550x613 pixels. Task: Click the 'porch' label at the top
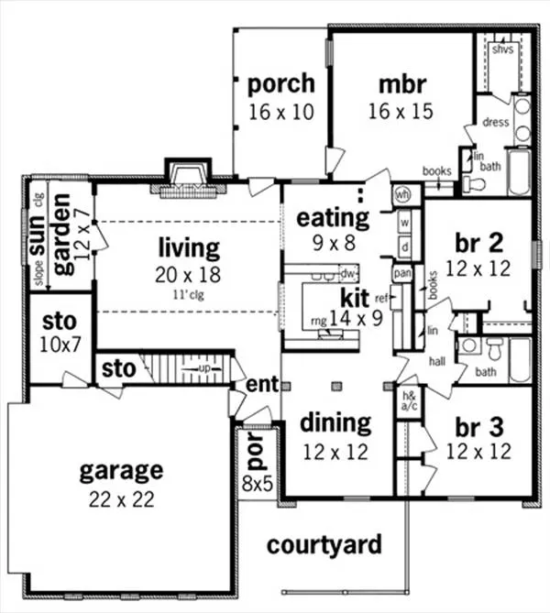coord(280,83)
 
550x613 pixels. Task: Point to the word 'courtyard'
coord(324,545)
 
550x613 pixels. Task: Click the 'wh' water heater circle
coord(402,194)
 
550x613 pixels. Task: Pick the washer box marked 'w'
coord(403,223)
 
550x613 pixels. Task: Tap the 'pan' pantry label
coord(401,272)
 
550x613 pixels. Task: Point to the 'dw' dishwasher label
coord(346,272)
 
